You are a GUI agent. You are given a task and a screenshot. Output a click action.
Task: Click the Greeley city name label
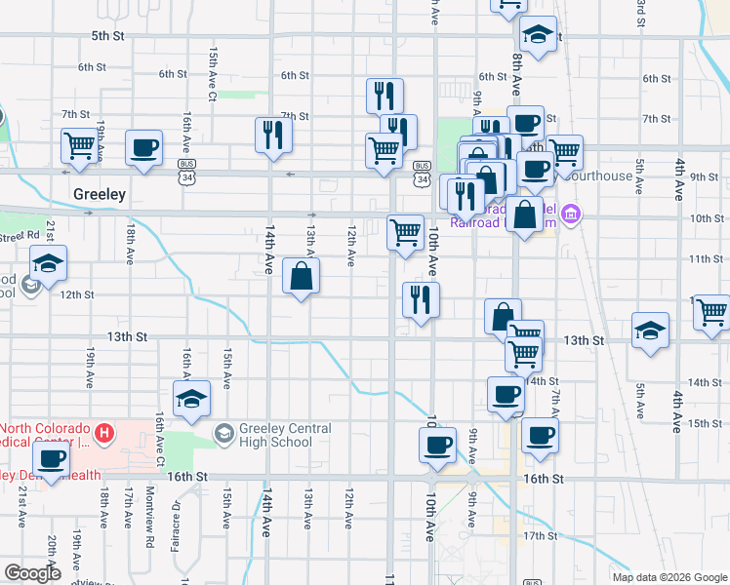(x=100, y=194)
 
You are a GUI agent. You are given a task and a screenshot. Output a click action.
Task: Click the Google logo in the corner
(x=32, y=573)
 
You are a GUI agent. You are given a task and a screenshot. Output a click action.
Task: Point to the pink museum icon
(x=572, y=214)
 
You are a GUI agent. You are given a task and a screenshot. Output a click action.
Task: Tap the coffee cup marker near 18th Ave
(x=144, y=149)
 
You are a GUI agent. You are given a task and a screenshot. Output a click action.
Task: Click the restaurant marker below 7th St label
(x=272, y=135)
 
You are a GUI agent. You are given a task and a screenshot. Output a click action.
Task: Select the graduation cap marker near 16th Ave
(x=192, y=399)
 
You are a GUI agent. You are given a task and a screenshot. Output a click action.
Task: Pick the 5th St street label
(x=108, y=36)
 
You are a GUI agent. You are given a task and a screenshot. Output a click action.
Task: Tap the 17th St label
(x=538, y=536)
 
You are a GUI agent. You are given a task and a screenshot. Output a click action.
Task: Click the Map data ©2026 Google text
(x=669, y=577)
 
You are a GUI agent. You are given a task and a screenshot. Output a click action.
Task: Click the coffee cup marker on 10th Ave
(x=437, y=446)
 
